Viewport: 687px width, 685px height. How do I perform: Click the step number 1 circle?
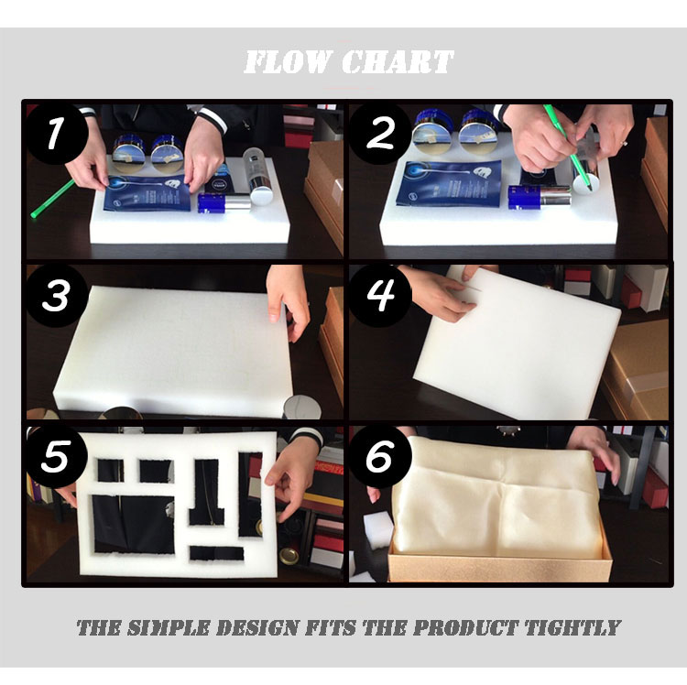(x=57, y=133)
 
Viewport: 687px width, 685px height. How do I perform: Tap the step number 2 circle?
(x=380, y=133)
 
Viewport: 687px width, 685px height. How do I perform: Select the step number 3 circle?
(x=57, y=295)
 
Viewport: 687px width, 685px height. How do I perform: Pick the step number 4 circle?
(x=380, y=294)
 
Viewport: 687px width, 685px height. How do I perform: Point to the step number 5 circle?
(x=57, y=456)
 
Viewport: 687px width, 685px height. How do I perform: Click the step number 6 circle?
(x=380, y=456)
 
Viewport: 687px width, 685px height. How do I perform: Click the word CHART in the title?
(x=398, y=61)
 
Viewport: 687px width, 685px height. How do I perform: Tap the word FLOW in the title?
(x=288, y=61)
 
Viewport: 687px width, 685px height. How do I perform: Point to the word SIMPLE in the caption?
(x=169, y=627)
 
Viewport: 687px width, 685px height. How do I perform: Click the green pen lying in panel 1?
(x=52, y=199)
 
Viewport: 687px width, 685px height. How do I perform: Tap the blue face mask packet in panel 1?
(x=148, y=192)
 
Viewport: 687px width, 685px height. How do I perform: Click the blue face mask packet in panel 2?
(x=449, y=183)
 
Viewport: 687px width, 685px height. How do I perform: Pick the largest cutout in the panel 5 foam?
(x=133, y=524)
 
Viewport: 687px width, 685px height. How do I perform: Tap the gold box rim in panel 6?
(x=499, y=569)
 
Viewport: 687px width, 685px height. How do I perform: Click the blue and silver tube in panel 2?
(x=540, y=197)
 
